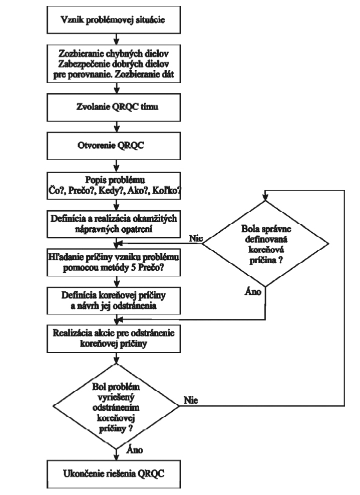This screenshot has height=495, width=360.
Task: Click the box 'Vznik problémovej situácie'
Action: (114, 20)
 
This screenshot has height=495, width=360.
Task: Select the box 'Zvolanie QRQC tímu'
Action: (114, 107)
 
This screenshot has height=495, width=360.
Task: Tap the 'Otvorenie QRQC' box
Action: (114, 146)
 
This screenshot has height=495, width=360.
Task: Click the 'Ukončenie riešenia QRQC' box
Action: (114, 474)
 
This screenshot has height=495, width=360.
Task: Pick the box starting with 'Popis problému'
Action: (114, 186)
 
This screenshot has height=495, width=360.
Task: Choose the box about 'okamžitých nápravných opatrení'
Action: (114, 224)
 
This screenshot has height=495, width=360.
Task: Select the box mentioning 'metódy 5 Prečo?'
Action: (114, 263)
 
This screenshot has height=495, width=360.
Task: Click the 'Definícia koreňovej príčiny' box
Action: (114, 300)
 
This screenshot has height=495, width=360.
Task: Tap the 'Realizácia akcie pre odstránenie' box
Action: (114, 339)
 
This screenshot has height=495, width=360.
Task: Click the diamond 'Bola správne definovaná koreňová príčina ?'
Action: (265, 244)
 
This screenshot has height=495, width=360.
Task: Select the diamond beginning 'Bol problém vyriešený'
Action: (117, 406)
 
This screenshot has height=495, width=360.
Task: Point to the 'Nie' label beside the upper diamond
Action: (196, 238)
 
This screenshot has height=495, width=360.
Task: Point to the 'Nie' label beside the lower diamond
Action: (191, 400)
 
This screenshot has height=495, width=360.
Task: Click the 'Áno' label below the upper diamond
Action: (253, 291)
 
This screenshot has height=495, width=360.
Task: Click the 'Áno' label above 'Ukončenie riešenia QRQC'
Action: (135, 450)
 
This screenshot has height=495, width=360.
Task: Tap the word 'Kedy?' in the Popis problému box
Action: (111, 191)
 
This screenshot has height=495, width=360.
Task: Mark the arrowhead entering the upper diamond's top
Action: (265, 197)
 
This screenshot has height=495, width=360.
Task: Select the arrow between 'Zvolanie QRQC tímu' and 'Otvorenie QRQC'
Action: (117, 127)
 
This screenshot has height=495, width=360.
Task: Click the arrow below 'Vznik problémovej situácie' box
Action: (117, 39)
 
